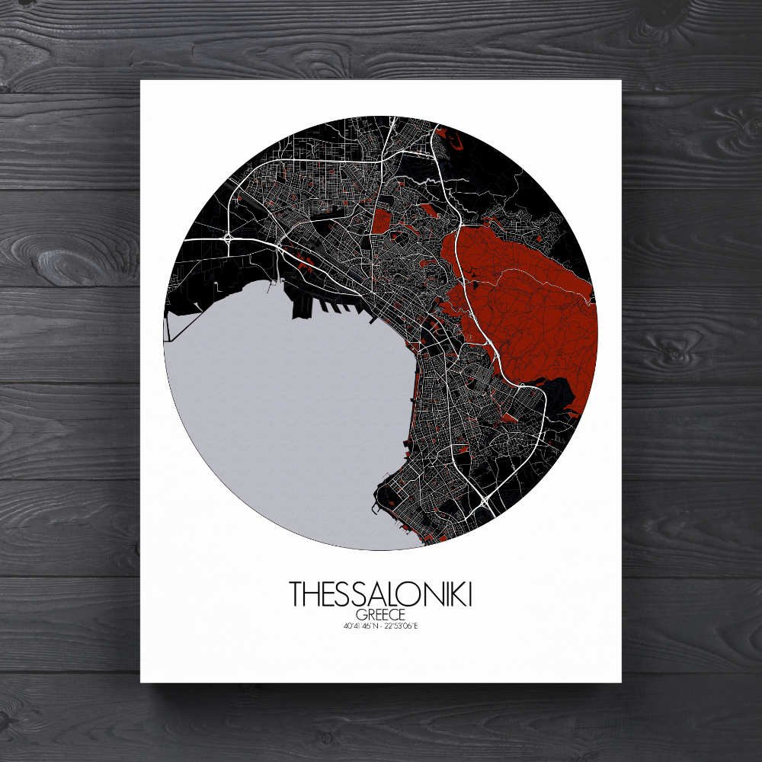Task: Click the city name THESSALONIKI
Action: pos(380,594)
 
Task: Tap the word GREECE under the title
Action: pos(380,614)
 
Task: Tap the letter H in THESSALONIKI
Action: pos(311,594)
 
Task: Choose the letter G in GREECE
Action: pos(360,614)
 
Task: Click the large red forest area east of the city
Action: pos(526,297)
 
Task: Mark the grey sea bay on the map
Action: pos(290,411)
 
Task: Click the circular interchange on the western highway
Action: pos(228,239)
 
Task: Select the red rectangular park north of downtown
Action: pos(381,220)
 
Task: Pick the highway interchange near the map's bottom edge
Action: pos(485,501)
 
